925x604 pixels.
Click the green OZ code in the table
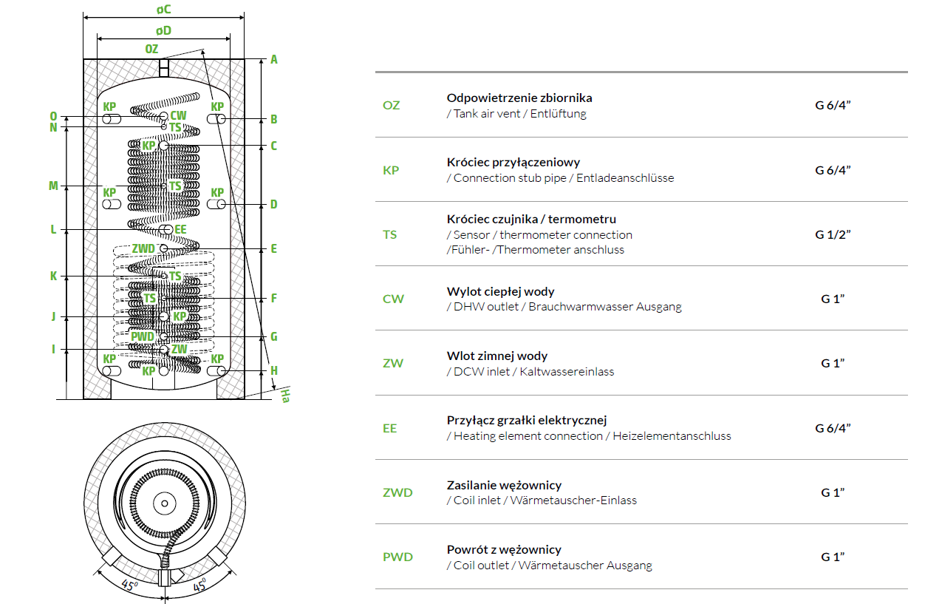click(391, 105)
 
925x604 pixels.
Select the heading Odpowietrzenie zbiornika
click(519, 98)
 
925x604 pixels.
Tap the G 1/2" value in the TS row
click(833, 234)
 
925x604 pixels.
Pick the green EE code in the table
click(389, 428)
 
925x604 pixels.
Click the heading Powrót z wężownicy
click(504, 549)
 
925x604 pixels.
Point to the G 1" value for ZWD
click(833, 492)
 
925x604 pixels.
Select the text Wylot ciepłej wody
click(500, 291)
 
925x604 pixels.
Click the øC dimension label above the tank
click(163, 10)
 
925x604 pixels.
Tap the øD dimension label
click(163, 30)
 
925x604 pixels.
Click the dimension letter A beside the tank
click(273, 59)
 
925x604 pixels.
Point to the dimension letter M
click(53, 186)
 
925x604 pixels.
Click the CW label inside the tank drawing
click(178, 116)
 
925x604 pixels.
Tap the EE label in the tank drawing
click(180, 230)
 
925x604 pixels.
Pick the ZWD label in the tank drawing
click(143, 248)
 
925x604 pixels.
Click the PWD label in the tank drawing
click(143, 336)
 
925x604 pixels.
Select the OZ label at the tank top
click(151, 49)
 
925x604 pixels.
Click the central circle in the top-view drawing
click(164, 504)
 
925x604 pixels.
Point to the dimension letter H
click(273, 370)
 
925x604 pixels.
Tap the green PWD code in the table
click(397, 557)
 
